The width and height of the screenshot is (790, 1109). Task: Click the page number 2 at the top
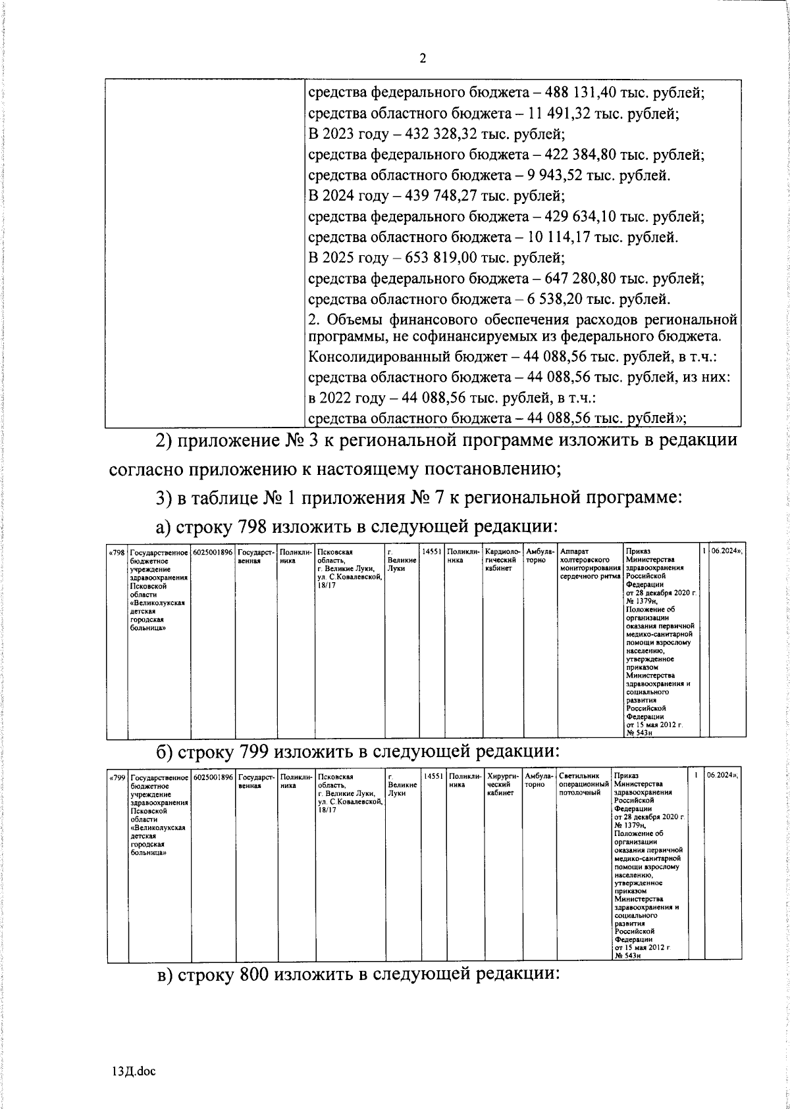point(423,59)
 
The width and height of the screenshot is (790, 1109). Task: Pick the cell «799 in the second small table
point(117,777)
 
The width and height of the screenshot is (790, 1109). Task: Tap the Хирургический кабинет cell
point(504,785)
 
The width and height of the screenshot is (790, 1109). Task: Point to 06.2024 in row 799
point(722,777)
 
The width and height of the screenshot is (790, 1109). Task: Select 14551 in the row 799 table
point(433,777)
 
